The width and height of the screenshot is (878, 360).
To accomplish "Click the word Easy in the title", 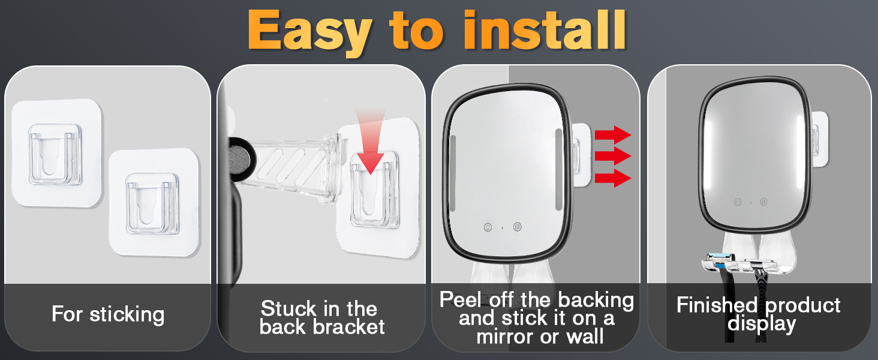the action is [x=309, y=32].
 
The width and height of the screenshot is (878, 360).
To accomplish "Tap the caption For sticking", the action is [x=108, y=314].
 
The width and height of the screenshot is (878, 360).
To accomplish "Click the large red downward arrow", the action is [x=371, y=141].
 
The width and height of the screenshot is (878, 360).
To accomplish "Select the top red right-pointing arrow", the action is [x=613, y=135].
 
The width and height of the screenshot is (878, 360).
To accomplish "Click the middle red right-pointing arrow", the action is [x=613, y=156].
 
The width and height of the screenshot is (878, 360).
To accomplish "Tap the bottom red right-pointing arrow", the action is [x=613, y=178].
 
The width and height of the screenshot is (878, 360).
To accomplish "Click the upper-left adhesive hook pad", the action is [x=57, y=153].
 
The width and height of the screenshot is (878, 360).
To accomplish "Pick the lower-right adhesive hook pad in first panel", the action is [x=154, y=202].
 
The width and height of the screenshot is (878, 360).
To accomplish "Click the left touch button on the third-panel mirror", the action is [x=488, y=227].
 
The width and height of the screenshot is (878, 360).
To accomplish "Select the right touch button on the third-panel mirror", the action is [x=518, y=227].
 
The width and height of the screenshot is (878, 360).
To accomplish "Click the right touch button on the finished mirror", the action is [x=763, y=202].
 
